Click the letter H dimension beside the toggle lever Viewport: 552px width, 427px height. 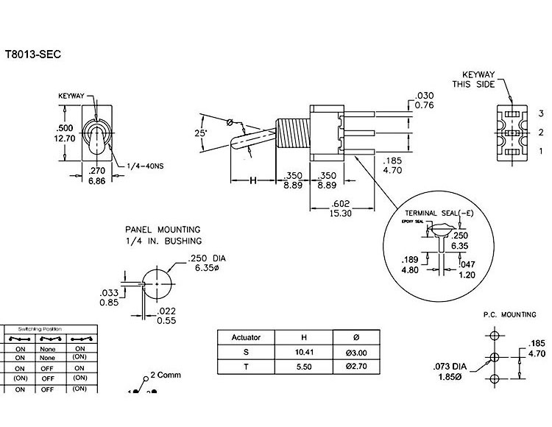tap(252, 180)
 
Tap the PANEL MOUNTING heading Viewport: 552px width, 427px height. tap(161, 230)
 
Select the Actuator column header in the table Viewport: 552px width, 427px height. tap(246, 337)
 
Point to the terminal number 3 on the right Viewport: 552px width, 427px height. tap(539, 113)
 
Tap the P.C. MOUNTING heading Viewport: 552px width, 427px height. tap(509, 314)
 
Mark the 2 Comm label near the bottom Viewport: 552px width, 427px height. tap(165, 375)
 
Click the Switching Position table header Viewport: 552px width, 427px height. tap(51, 328)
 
